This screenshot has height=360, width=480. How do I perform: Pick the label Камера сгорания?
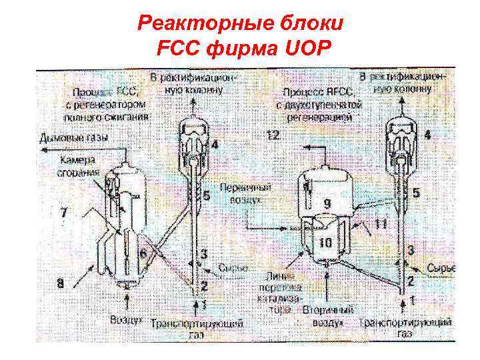point(79,166)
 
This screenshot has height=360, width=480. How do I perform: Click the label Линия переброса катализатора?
point(279,288)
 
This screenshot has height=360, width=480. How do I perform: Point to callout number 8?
point(61,283)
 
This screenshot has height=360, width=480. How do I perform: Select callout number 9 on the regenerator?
point(327,203)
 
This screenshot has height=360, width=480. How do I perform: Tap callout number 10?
point(324,244)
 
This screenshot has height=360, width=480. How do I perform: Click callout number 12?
point(273,136)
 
